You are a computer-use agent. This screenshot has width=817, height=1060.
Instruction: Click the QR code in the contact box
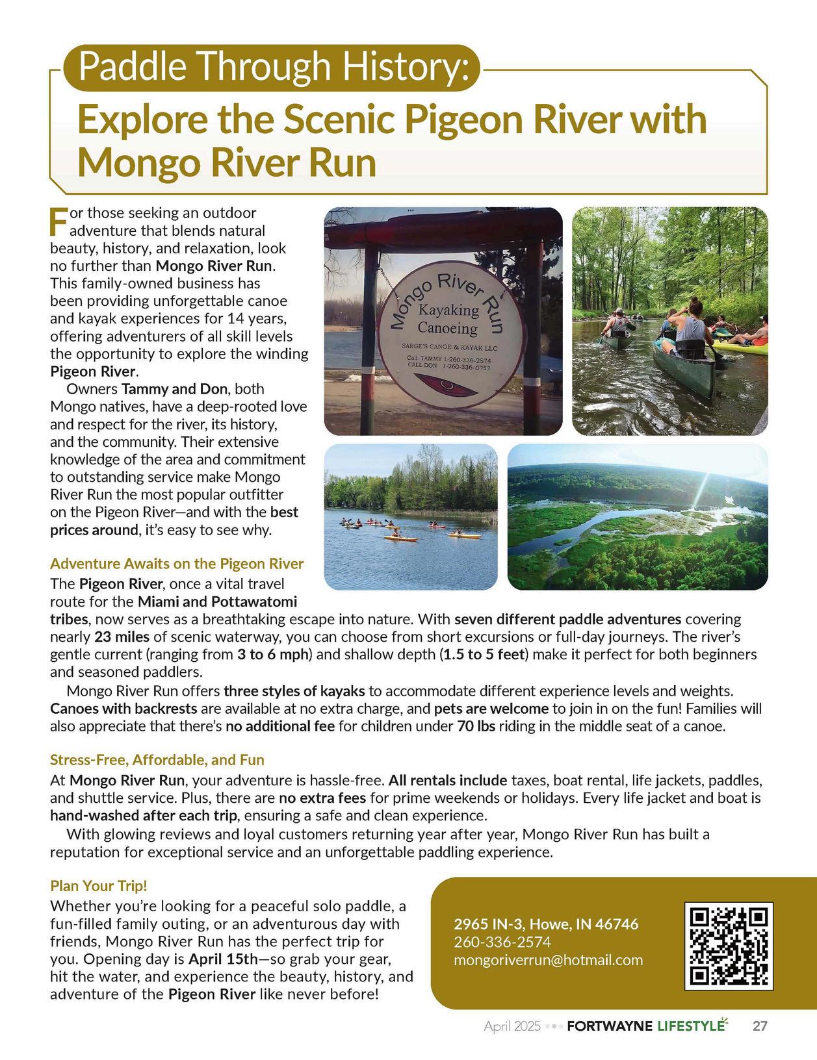729,945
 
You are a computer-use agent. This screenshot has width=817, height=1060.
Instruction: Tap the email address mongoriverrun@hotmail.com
548,960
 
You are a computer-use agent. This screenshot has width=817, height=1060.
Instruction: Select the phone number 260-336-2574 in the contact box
502,942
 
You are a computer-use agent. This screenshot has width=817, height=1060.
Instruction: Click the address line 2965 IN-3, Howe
546,924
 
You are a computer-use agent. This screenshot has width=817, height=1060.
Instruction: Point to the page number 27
760,1026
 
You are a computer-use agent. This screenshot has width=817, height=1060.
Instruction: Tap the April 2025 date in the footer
512,1027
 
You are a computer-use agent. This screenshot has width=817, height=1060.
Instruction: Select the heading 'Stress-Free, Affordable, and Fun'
157,759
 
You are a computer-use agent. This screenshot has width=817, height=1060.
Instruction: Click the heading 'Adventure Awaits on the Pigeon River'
177,563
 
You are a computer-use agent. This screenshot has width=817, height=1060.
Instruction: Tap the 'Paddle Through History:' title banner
273,67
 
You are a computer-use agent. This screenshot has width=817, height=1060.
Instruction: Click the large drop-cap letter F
58,221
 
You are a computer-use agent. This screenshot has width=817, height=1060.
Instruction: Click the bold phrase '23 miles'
122,637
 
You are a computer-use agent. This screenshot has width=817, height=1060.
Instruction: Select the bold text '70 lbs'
476,726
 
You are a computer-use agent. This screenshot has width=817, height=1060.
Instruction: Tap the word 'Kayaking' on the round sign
448,310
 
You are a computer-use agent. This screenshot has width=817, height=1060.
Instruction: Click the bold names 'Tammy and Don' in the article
174,390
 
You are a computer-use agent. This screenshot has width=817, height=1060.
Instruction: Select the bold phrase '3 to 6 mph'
272,654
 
